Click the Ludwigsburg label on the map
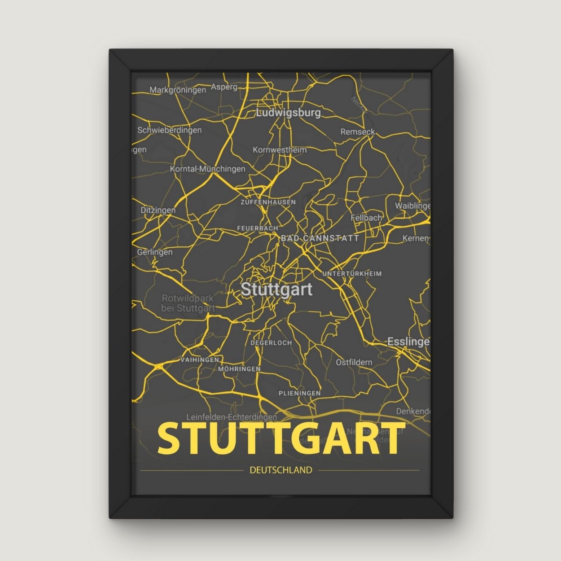288,112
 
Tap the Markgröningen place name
178,90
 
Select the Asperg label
224,87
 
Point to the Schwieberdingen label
169,130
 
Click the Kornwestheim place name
280,149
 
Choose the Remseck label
357,132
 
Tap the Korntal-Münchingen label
207,169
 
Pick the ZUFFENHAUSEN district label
268,202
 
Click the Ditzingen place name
158,210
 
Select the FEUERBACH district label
258,228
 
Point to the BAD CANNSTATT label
320,238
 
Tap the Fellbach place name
366,218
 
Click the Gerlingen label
154,252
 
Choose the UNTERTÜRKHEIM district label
352,273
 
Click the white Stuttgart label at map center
276,289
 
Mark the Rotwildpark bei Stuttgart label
188,303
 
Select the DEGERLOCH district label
271,342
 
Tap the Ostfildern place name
354,362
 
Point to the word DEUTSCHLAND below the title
280,470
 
